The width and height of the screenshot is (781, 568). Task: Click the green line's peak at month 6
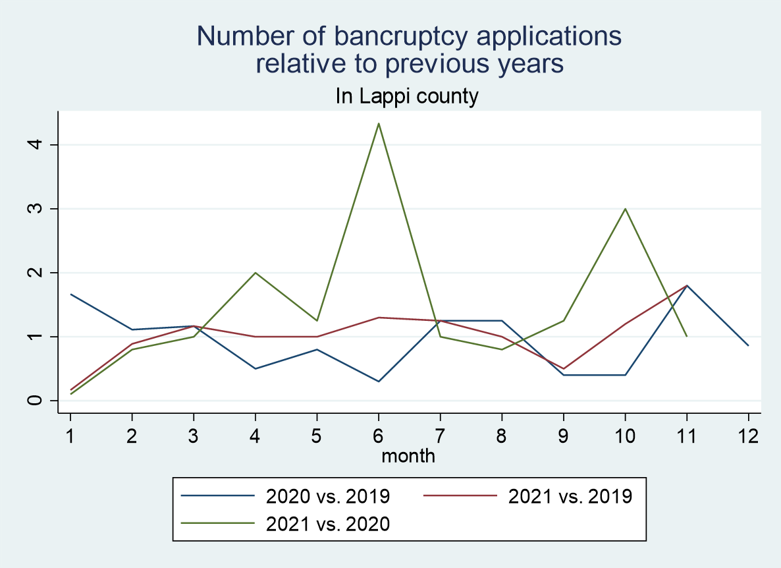pos(379,123)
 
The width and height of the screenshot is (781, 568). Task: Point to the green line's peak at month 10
pos(625,209)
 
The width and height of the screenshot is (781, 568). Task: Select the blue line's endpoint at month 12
pos(748,345)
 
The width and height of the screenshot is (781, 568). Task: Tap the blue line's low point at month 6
pos(379,381)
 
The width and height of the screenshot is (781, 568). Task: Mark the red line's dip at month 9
pos(564,368)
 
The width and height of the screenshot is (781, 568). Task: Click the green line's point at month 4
pos(256,273)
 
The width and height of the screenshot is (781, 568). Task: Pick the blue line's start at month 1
pos(70,294)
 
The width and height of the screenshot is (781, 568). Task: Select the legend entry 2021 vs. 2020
pos(327,524)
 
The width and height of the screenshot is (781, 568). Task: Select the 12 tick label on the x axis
pos(748,435)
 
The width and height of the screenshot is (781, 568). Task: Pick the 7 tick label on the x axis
pos(441,435)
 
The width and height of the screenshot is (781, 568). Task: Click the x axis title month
pos(408,455)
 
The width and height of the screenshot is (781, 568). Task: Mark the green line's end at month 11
pos(687,336)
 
